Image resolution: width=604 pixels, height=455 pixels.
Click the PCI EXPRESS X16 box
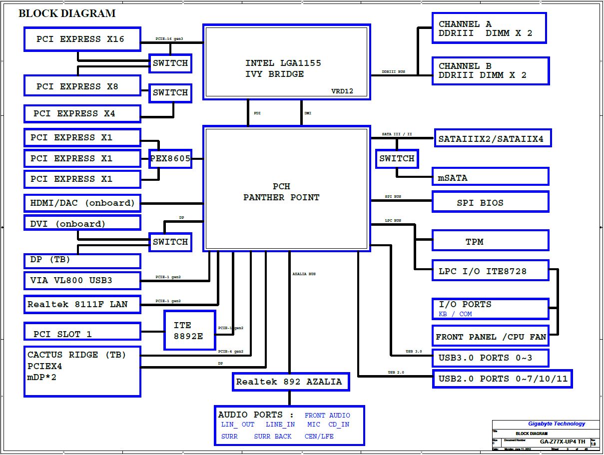(x=82, y=39)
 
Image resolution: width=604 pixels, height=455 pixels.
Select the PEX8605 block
(x=170, y=159)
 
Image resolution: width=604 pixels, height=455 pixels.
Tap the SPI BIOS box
(x=490, y=202)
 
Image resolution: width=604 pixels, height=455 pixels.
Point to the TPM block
(x=490, y=241)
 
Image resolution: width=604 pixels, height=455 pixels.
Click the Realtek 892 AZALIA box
(x=289, y=382)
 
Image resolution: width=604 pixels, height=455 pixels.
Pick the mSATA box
(x=490, y=177)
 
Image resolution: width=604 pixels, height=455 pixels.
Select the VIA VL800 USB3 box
(x=82, y=280)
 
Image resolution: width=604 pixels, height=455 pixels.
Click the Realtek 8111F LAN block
(x=82, y=304)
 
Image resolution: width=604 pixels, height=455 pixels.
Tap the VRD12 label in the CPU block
(x=342, y=91)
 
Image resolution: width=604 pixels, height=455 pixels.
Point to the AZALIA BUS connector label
(x=304, y=274)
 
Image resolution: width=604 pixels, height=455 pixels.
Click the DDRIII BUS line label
(x=393, y=72)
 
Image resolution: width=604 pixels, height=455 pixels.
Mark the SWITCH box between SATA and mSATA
(x=397, y=159)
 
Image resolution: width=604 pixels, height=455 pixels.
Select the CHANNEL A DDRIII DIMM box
(x=489, y=28)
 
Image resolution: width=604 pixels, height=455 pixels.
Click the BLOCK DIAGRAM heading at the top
(x=67, y=13)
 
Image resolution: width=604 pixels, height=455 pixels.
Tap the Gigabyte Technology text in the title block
(x=556, y=424)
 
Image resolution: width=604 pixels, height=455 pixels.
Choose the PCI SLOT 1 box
(x=82, y=333)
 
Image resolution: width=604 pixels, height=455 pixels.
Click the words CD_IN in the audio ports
(x=339, y=425)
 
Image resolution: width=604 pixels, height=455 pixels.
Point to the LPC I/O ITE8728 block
(x=490, y=271)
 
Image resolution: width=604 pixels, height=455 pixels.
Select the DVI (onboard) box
(x=82, y=223)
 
